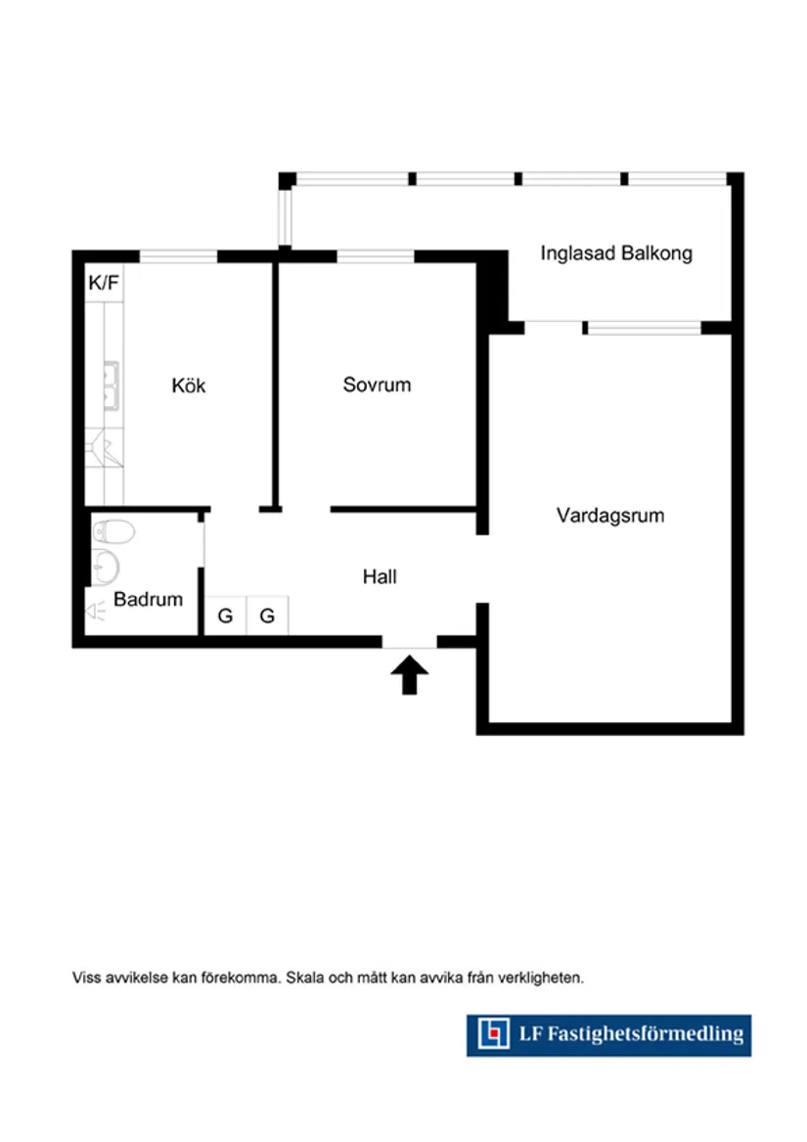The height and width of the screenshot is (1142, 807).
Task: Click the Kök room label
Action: pos(189,386)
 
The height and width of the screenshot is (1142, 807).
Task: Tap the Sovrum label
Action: pos(377,385)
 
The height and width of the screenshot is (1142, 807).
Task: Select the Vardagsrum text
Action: pos(610,516)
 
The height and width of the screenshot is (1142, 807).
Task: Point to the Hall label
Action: pos(380,576)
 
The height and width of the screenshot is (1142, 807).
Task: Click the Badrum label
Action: pos(148,600)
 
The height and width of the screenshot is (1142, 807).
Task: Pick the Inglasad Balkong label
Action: pos(616,253)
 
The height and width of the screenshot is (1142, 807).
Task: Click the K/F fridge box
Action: pos(104,283)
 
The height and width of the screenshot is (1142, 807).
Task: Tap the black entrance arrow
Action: pos(409,674)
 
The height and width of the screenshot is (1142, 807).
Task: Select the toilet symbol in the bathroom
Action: pos(113,531)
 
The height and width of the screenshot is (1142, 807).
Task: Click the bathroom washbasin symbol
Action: pos(106,568)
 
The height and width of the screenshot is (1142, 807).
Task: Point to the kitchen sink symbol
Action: pos(111,386)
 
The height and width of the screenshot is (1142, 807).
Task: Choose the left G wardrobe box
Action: pos(225,616)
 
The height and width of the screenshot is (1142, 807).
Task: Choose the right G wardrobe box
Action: pos(267,616)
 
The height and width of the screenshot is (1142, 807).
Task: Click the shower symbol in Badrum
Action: pos(96,611)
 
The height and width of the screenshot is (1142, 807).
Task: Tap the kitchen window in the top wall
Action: pos(178,256)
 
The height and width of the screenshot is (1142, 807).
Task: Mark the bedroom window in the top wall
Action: pos(376,256)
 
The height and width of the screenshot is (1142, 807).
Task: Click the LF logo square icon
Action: pos(493,1034)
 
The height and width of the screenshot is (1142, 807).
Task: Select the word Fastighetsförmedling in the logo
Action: pos(646,1034)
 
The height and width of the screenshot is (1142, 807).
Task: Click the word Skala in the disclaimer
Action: pos(304,978)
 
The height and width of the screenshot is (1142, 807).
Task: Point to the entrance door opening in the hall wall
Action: pos(409,642)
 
